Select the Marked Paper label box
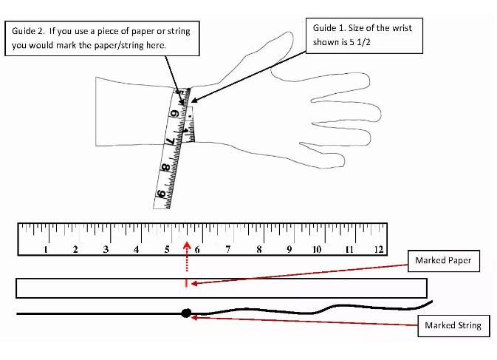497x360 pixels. pyautogui.click(x=442, y=261)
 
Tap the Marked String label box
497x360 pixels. pyautogui.click(x=453, y=325)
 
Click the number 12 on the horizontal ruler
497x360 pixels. pyautogui.click(x=379, y=249)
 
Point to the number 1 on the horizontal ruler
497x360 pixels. pyautogui.click(x=46, y=249)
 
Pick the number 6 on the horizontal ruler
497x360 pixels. pyautogui.click(x=197, y=249)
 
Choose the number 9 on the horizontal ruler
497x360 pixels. pyautogui.click(x=289, y=249)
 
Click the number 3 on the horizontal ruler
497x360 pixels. pyautogui.click(x=106, y=249)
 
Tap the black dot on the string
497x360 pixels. pyautogui.click(x=186, y=313)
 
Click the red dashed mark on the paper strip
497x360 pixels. pyautogui.click(x=186, y=282)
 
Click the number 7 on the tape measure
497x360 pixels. pyautogui.click(x=171, y=140)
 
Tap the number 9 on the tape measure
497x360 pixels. pyautogui.click(x=160, y=195)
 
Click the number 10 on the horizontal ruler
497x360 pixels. pyautogui.click(x=317, y=249)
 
